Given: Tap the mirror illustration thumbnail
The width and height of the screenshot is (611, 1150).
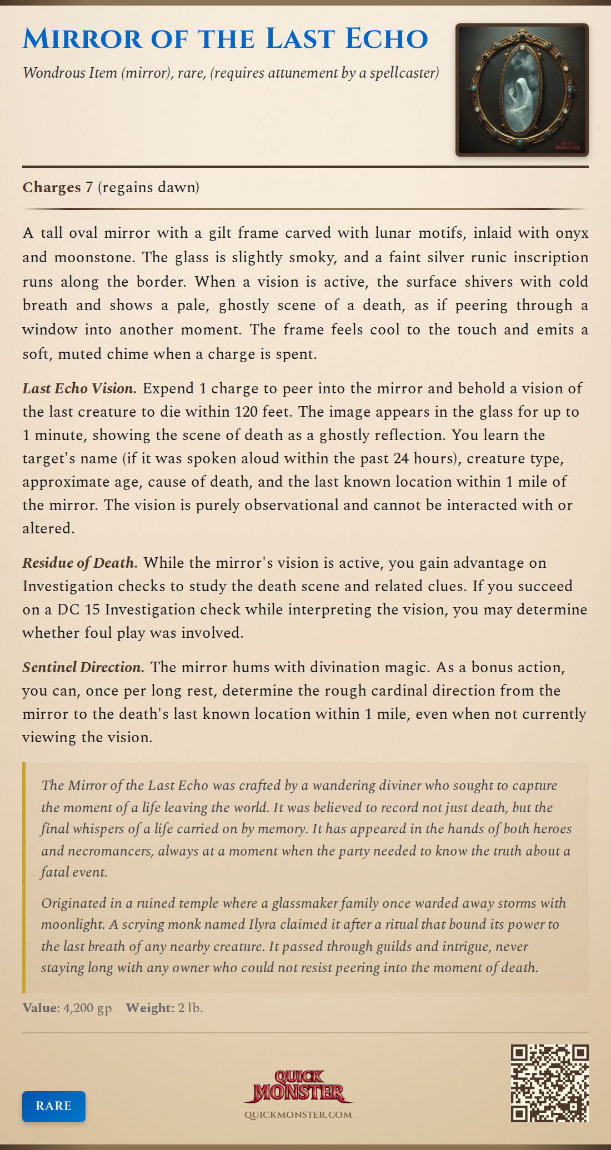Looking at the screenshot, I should pos(522,90).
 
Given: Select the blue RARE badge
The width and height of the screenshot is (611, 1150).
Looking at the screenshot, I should pos(54,1106).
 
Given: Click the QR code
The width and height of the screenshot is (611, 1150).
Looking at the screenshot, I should pos(549,1083).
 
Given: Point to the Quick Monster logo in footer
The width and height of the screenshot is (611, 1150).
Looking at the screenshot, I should pos(298,1087).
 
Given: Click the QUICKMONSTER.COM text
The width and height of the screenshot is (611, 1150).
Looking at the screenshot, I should pos(298,1115).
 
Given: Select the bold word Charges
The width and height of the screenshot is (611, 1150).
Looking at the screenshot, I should pos(52,187).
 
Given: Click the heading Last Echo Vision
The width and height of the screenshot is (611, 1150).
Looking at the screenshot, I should pos(79,388).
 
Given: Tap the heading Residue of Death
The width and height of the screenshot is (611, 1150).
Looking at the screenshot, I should pos(79,563).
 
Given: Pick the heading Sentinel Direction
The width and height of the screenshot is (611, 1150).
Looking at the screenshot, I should pos(83,667).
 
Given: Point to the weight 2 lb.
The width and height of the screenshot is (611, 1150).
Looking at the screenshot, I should pos(191,1008).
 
